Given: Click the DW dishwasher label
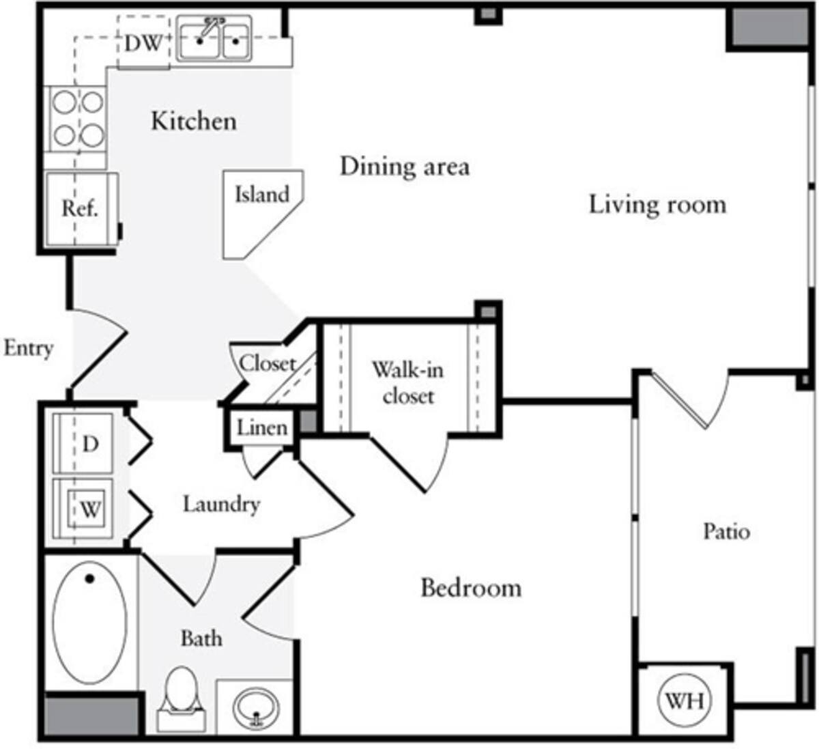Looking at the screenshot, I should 143,44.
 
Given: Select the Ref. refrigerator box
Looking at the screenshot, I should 80,208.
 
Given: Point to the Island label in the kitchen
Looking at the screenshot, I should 262,195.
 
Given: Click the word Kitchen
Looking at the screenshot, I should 194,122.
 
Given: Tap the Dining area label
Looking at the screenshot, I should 405,167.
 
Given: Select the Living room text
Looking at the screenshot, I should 657,205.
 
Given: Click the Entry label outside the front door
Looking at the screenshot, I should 28,348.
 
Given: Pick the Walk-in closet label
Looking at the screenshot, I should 407,383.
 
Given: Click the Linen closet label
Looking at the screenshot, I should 262,428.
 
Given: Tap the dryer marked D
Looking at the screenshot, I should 87,443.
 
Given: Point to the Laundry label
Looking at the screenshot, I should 221,505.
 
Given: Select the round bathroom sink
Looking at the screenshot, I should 255,706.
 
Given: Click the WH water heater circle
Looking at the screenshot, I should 684,701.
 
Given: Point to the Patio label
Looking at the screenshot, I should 726,531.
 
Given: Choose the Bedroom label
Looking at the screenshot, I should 471,588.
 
